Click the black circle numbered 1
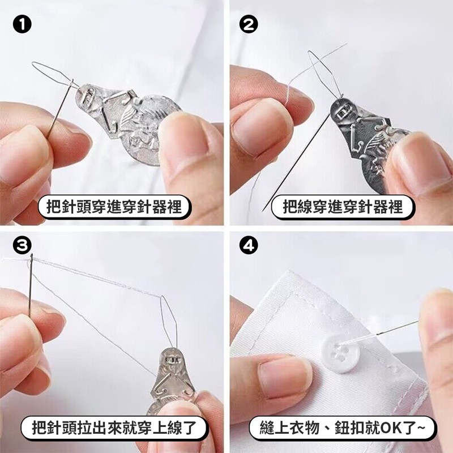click(22, 25)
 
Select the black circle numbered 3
click(22, 246)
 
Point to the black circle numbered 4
click(249, 246)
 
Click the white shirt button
click(340, 353)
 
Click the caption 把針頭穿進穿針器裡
click(114, 207)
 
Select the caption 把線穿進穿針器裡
click(343, 207)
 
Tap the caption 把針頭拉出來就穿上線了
click(114, 428)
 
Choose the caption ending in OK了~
click(342, 428)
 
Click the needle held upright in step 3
click(31, 285)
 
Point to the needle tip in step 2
click(262, 211)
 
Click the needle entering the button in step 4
click(380, 332)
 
